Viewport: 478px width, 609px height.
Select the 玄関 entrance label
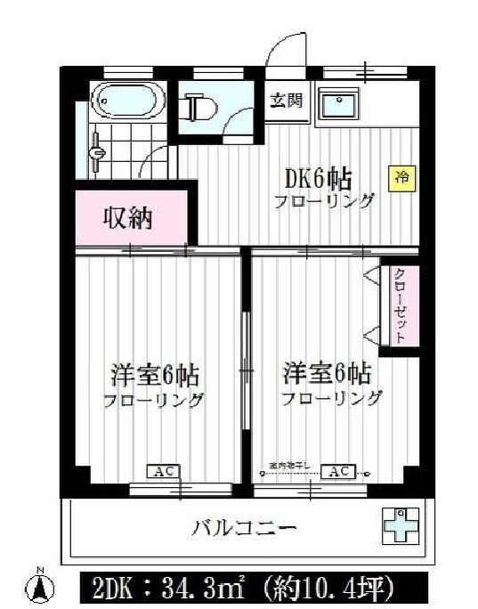click(285, 101)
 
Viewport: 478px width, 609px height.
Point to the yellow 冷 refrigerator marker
click(401, 176)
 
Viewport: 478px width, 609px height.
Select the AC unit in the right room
click(337, 471)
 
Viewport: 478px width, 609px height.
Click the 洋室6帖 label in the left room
click(153, 373)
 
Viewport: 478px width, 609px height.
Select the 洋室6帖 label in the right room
click(327, 371)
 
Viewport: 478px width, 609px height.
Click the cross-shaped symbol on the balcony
click(400, 526)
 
